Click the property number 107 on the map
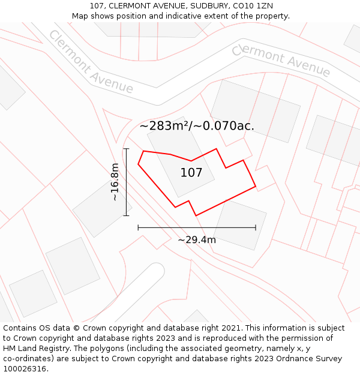click(191, 173)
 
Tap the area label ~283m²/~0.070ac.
click(197, 126)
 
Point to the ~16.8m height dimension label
click(115, 182)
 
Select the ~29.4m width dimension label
click(197, 240)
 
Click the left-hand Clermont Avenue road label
click(91, 62)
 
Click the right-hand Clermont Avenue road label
click(281, 60)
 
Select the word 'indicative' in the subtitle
click(203, 16)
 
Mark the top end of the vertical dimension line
click(126, 148)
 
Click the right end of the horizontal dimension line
click(256, 227)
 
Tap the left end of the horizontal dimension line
click(138, 227)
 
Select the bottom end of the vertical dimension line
click(126, 215)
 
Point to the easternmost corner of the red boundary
click(256, 187)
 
